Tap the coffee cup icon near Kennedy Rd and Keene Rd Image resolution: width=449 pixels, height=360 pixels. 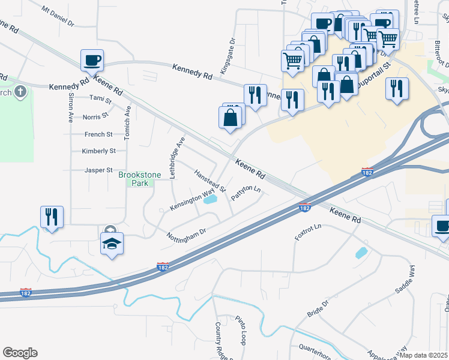coord(92,61)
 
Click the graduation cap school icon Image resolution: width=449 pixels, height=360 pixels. coord(112,244)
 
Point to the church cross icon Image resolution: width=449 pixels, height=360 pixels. coord(21,92)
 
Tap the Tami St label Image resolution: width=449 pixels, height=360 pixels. coord(100,97)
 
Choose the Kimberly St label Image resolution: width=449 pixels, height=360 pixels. coord(99,151)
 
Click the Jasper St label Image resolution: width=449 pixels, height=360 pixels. coord(99,170)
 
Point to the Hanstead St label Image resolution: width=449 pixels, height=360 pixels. coord(209,181)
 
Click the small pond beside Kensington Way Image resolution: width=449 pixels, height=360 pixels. coord(210,200)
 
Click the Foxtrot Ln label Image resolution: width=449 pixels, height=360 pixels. coord(309,232)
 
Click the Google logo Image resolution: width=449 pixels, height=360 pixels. coord(20,353)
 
